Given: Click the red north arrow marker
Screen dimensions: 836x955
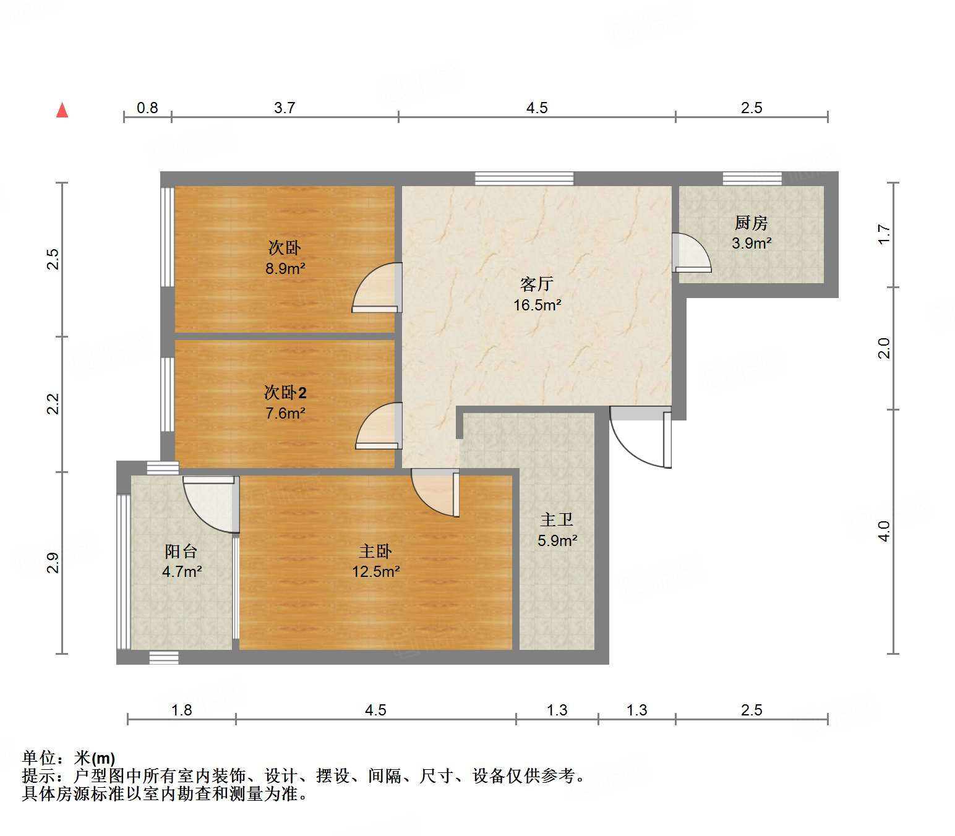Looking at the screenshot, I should pyautogui.click(x=62, y=110).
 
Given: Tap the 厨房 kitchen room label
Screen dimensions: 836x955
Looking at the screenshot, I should pyautogui.click(x=751, y=223).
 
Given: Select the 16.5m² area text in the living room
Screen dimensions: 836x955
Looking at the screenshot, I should pyautogui.click(x=537, y=305).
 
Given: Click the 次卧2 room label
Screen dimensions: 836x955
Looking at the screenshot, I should pyautogui.click(x=285, y=393).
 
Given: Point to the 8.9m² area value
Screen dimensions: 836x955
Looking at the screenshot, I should pyautogui.click(x=285, y=268).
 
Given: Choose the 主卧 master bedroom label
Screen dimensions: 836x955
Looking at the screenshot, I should pyautogui.click(x=375, y=551).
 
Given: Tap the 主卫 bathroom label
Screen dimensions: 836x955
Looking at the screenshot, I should pyautogui.click(x=557, y=519).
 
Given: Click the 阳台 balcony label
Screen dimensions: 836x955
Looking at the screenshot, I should pyautogui.click(x=181, y=551).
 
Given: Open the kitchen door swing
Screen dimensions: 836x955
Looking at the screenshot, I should pyautogui.click(x=690, y=254).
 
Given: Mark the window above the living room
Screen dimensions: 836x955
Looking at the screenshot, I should pyautogui.click(x=524, y=179).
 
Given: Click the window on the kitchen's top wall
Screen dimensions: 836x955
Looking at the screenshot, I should pyautogui.click(x=752, y=179).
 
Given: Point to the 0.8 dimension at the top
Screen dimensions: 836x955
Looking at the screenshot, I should pyautogui.click(x=147, y=108).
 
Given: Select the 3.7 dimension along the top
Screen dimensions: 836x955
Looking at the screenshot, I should pyautogui.click(x=285, y=108).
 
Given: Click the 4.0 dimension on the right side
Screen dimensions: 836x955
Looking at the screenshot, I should pyautogui.click(x=884, y=531).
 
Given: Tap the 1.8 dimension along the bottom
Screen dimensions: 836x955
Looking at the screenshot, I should pyautogui.click(x=181, y=710).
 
